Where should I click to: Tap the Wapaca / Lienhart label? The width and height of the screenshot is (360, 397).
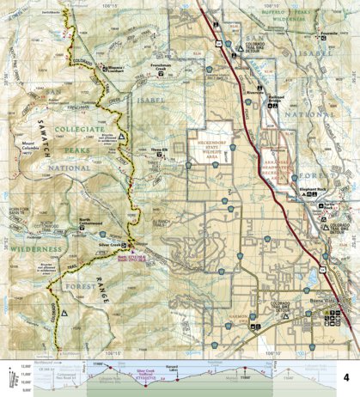tap(113, 64)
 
